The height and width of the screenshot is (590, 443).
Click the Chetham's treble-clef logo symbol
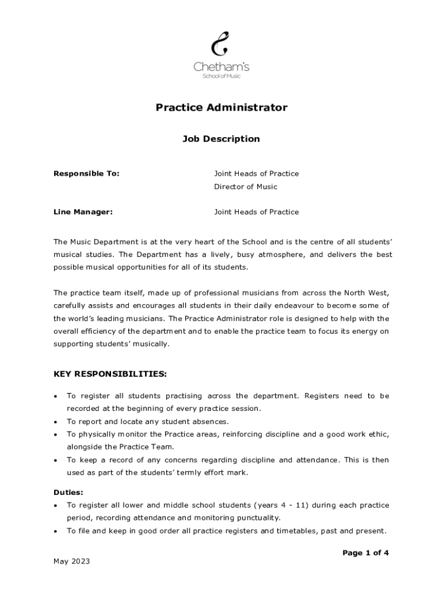click(220, 44)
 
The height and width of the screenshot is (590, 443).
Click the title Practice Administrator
click(221, 108)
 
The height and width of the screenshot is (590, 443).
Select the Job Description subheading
click(221, 139)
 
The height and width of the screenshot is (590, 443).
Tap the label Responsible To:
click(86, 173)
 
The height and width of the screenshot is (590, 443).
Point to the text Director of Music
click(246, 187)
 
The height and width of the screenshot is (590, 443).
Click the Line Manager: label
click(83, 212)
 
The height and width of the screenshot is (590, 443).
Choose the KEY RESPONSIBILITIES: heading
click(110, 374)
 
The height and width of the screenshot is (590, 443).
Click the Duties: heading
click(68, 493)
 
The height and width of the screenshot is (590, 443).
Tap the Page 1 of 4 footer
click(366, 553)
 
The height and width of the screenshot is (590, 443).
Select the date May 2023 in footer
click(72, 562)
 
